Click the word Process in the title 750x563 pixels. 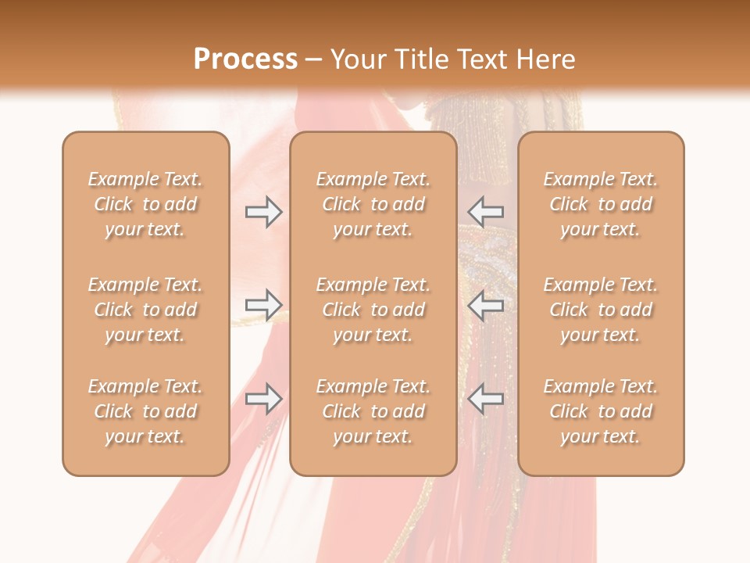pos(245,59)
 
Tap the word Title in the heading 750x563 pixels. pos(422,59)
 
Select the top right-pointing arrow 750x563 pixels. pos(263,211)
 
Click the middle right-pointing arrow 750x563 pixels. pos(263,305)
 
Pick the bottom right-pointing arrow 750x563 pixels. pos(263,399)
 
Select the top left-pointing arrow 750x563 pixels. pos(485,211)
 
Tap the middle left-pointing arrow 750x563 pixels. pos(485,305)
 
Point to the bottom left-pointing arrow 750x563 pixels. pos(485,399)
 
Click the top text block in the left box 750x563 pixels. pos(145,204)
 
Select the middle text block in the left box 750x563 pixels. pos(145,310)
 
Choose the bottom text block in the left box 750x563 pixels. pos(145,411)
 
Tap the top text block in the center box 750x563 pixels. pos(373,204)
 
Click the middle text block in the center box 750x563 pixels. pos(373,310)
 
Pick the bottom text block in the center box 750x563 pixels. pos(373,411)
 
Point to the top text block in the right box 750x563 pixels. pos(600,204)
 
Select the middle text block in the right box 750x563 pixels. pos(600,310)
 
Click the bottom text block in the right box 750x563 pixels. pos(600,411)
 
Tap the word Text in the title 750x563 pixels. pos(483,59)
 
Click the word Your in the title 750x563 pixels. pos(358,59)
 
